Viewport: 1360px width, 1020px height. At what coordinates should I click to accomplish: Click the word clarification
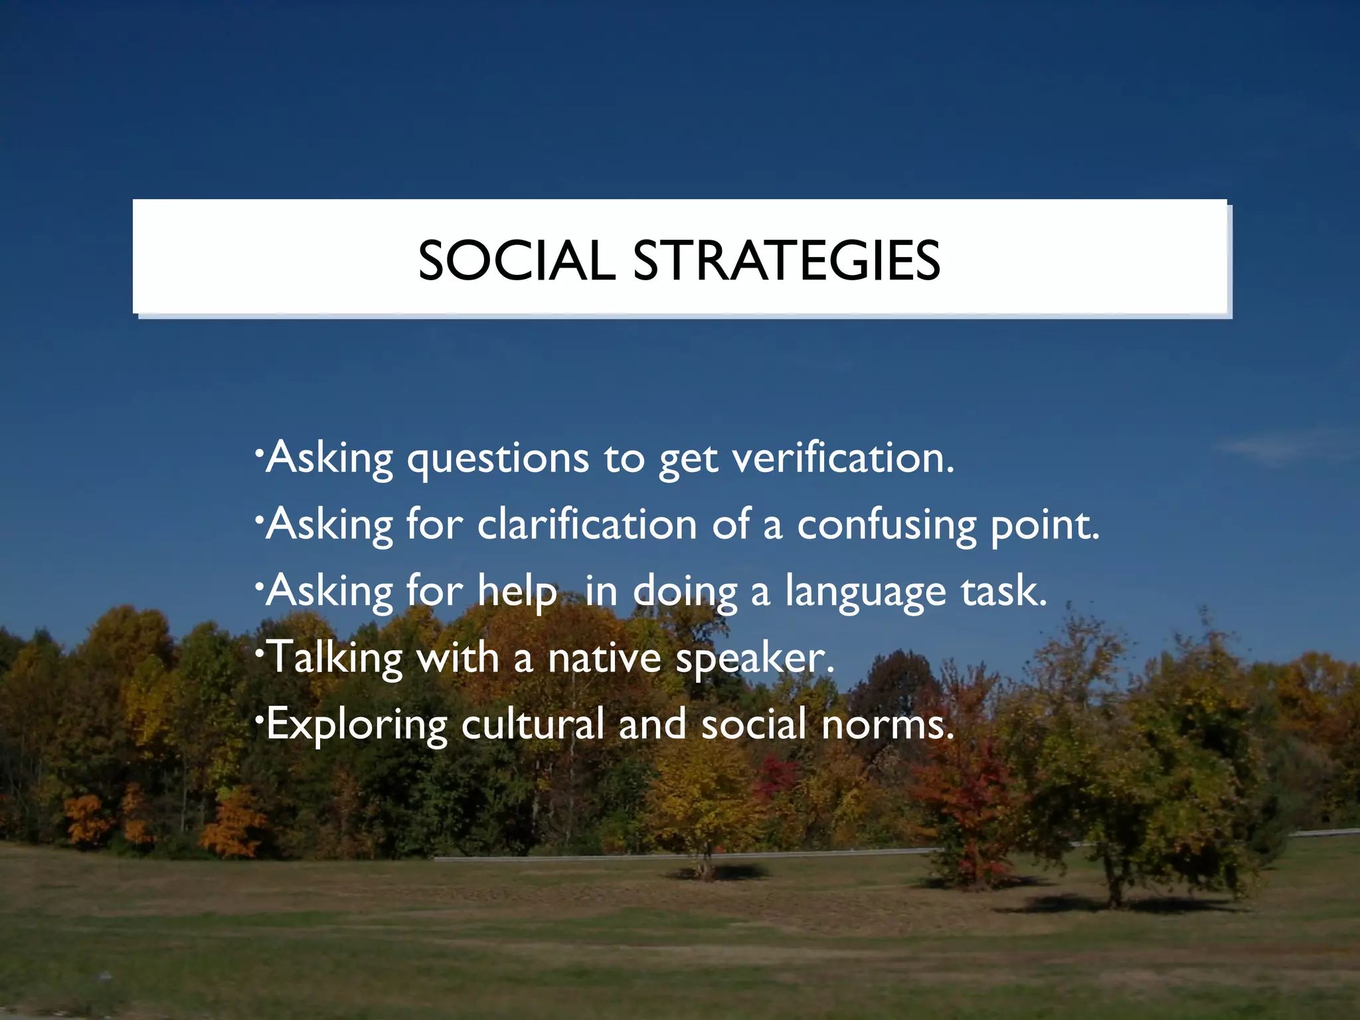(x=587, y=525)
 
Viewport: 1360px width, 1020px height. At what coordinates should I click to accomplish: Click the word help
(x=517, y=591)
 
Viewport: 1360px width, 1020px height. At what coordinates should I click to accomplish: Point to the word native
(x=604, y=657)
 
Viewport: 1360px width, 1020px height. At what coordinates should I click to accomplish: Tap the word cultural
(x=533, y=724)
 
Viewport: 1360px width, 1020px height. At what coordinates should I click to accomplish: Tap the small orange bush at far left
(x=86, y=820)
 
